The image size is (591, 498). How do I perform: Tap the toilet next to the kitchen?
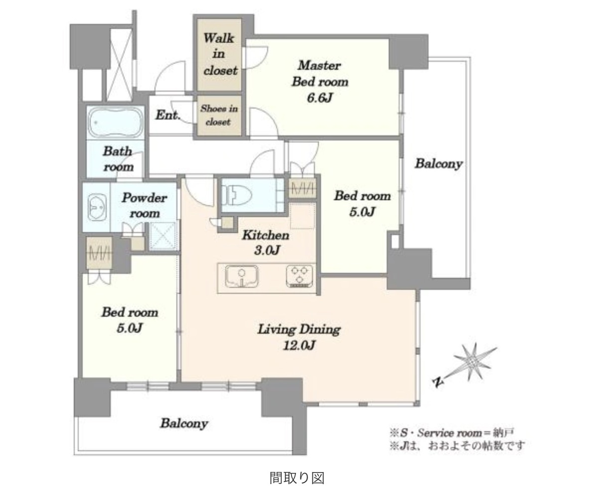point(237,195)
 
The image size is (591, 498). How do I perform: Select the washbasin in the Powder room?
point(97,207)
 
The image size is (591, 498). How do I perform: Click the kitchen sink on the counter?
point(242,277)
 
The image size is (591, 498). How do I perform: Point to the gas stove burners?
point(299,276)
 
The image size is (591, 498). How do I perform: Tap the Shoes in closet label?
point(219,115)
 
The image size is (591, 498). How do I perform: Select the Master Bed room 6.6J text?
point(319,81)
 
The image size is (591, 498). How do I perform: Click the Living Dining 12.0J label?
point(299,337)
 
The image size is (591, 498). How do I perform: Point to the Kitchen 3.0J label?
point(266,242)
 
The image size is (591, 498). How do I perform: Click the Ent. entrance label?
point(168,115)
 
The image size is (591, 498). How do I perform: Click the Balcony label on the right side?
point(439,164)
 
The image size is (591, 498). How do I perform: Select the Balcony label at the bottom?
point(184,423)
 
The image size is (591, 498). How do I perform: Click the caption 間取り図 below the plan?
point(297,478)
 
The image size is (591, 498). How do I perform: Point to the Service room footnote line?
point(452,433)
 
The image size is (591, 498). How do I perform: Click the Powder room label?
point(145,205)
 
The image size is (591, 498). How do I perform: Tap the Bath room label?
point(118,158)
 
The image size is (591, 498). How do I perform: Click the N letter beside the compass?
point(437,382)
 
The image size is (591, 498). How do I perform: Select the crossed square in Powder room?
point(163,236)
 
